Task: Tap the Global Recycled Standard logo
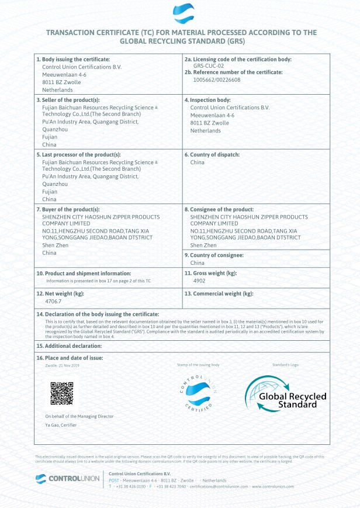pyautogui.click(x=285, y=394)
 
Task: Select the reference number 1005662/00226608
pyautogui.click(x=217, y=80)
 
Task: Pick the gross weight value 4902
pyautogui.click(x=199, y=281)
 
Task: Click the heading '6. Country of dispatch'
pyautogui.click(x=212, y=154)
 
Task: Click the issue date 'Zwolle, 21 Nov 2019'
pyautogui.click(x=62, y=365)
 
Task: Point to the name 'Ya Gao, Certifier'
pyautogui.click(x=61, y=425)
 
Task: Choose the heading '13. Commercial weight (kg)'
pyautogui.click(x=219, y=293)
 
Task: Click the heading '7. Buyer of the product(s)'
pyautogui.click(x=68, y=209)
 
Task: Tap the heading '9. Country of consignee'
pyautogui.click(x=214, y=255)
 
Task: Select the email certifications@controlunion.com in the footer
pyautogui.click(x=219, y=486)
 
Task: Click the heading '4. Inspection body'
pyautogui.click(x=207, y=100)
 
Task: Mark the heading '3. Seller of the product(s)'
pyautogui.click(x=68, y=100)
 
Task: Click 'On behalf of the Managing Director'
pyautogui.click(x=79, y=416)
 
